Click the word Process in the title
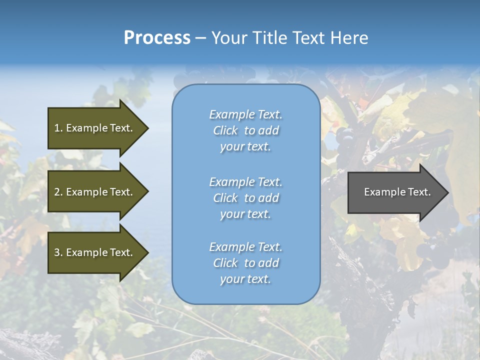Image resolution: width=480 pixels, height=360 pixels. [x=157, y=38]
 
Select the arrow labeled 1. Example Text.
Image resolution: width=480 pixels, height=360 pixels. [x=95, y=128]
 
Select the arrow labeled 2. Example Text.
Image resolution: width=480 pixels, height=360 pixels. [x=95, y=192]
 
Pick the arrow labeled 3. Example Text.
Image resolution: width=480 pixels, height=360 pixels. [x=95, y=252]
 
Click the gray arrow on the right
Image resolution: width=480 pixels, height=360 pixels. [x=395, y=192]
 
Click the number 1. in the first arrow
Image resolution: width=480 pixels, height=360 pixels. [x=58, y=128]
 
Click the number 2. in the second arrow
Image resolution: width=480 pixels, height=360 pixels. [x=58, y=192]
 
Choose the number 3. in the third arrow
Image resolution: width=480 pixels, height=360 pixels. [x=58, y=252]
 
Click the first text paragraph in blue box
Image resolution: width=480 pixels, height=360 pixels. [x=245, y=130]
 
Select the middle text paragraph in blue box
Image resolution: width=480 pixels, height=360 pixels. [x=245, y=198]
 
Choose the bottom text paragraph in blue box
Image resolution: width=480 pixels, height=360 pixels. [x=245, y=263]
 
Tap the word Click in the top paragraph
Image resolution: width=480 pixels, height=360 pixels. [x=225, y=130]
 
